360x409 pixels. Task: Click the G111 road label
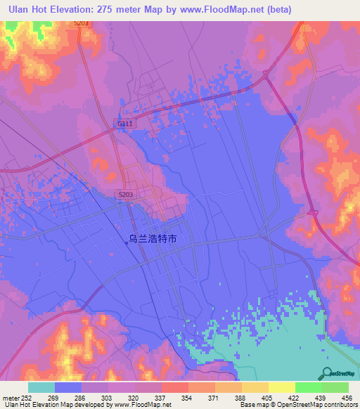tap(124, 124)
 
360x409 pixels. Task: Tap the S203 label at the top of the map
tap(82, 23)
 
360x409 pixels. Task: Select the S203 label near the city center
tap(124, 193)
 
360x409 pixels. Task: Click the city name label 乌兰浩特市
tap(153, 239)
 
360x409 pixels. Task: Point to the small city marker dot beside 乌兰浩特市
tap(127, 243)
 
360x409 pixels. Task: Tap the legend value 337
tap(160, 397)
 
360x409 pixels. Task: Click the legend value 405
tap(268, 397)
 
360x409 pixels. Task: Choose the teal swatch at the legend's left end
tap(41, 387)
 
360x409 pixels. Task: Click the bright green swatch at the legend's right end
tap(335, 387)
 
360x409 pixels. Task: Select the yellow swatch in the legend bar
tap(281, 387)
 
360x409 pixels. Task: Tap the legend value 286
tap(80, 397)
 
